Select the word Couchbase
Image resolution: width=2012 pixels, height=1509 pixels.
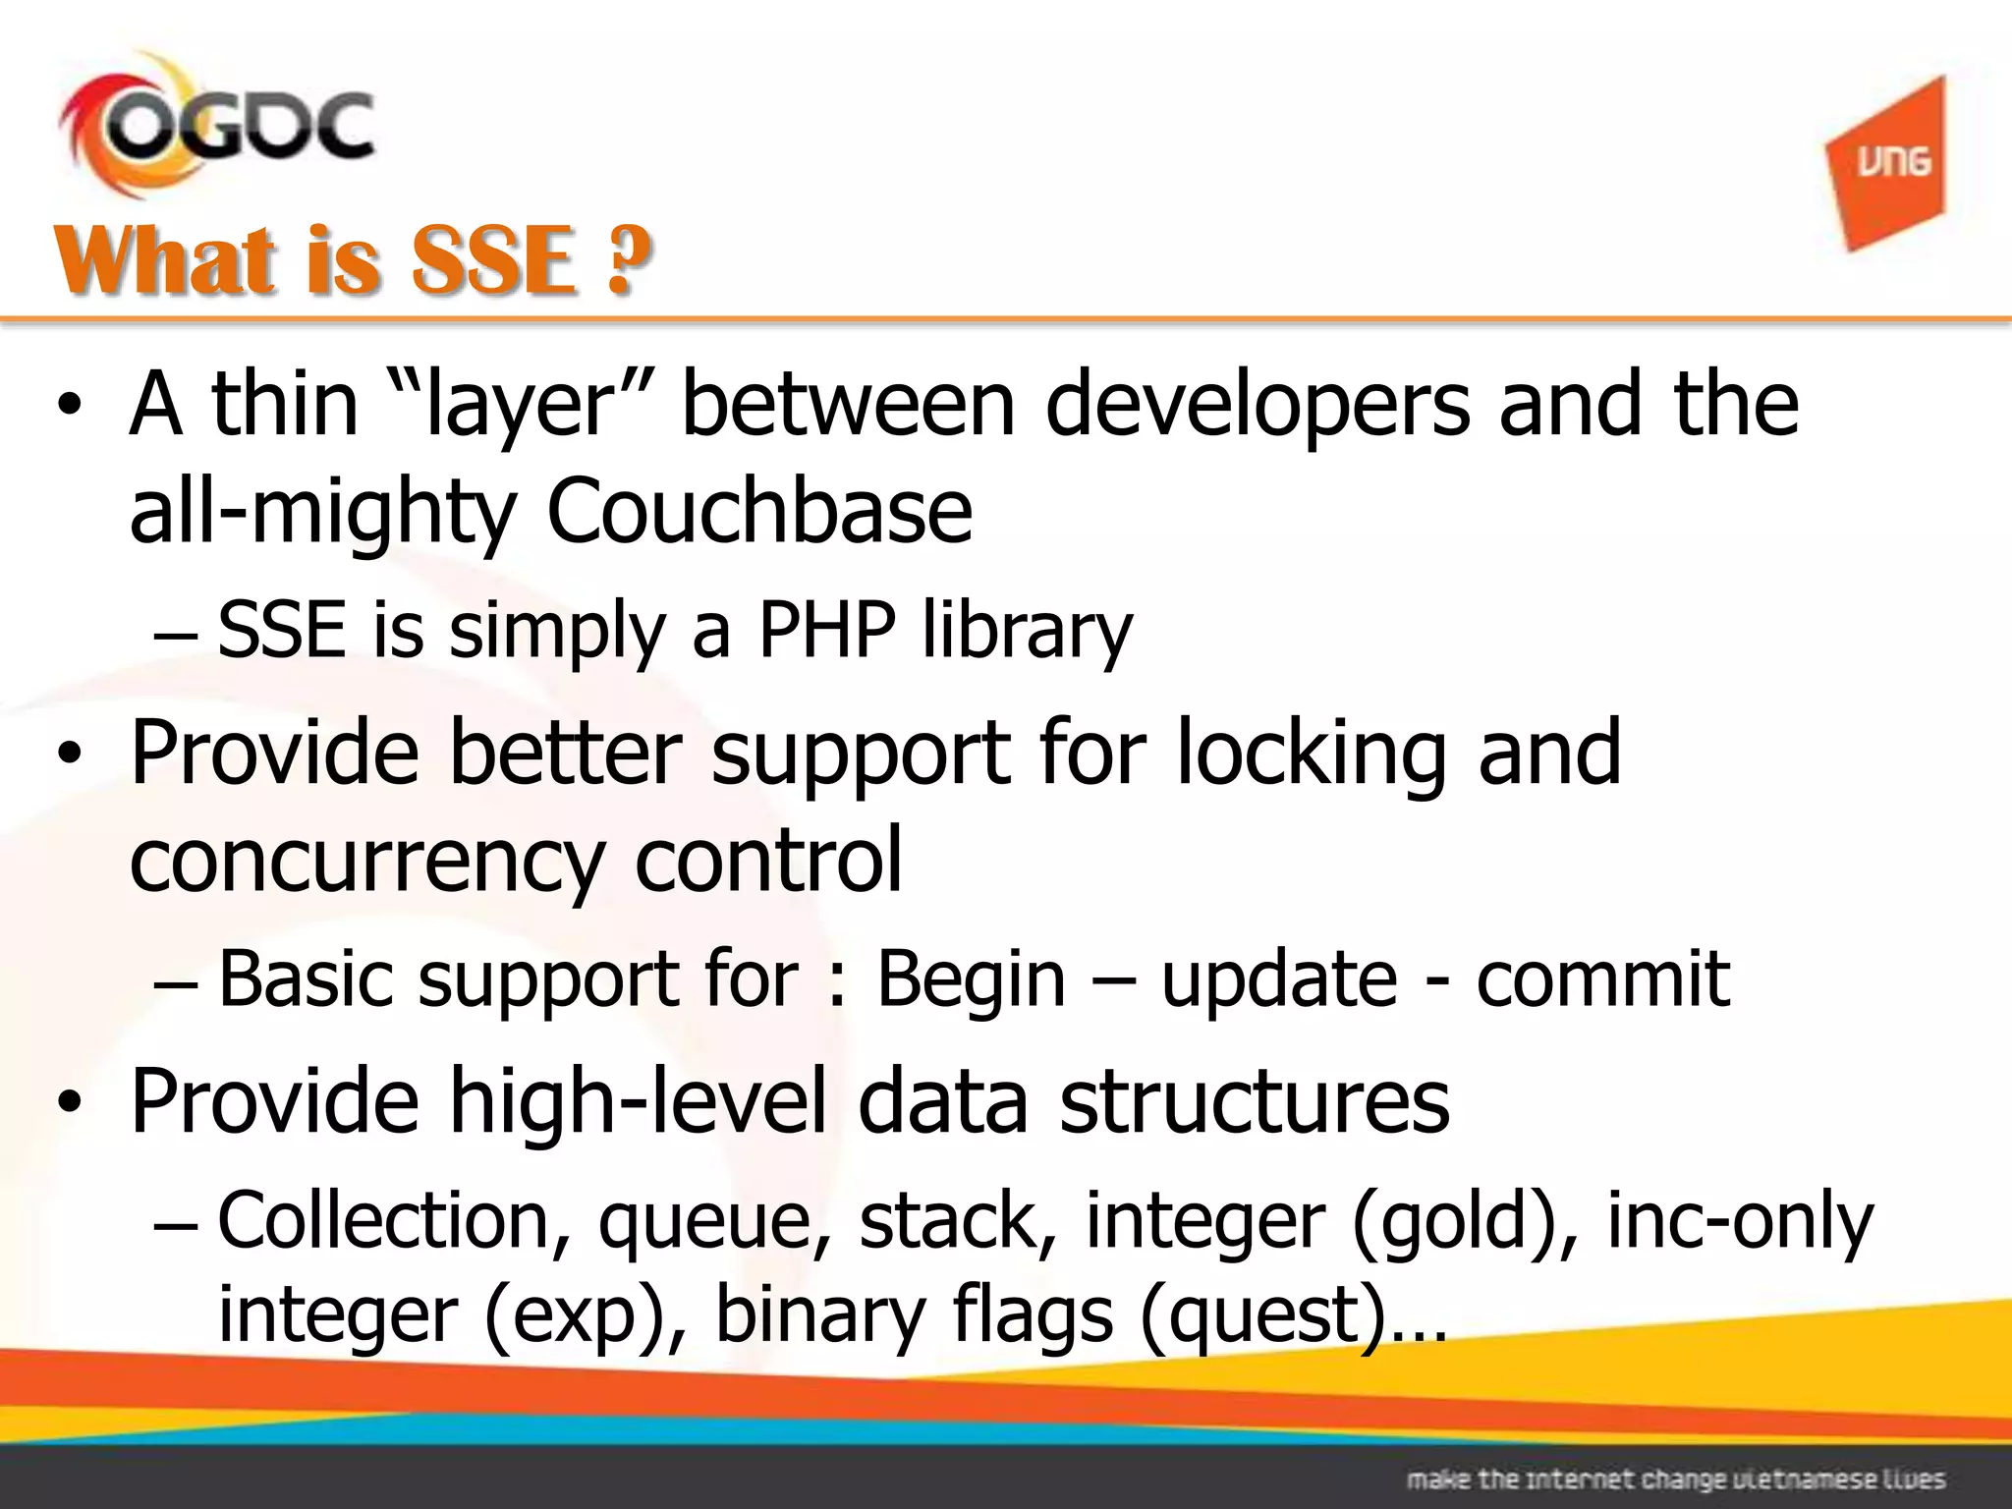point(758,511)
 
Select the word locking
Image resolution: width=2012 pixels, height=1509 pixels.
point(1312,753)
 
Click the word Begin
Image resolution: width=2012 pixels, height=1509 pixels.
point(971,978)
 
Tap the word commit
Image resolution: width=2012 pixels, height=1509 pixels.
point(1602,978)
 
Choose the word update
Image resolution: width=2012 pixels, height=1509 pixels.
point(1279,978)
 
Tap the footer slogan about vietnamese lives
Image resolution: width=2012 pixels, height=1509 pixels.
point(1675,1479)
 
